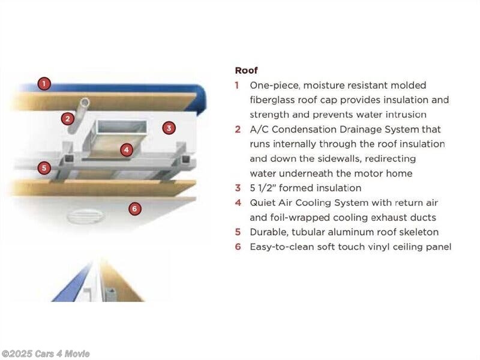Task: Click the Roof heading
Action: point(246,70)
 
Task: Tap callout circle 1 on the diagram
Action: point(44,83)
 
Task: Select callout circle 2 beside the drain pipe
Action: point(67,118)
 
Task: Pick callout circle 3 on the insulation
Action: point(169,128)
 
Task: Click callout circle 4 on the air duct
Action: point(127,149)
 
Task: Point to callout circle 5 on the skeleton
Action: point(44,168)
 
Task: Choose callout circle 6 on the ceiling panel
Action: point(134,209)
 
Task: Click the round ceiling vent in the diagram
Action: point(85,216)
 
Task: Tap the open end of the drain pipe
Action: point(85,102)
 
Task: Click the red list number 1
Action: point(236,85)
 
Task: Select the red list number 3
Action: point(238,188)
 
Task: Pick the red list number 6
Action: point(238,247)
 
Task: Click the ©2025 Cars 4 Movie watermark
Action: point(46,354)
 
